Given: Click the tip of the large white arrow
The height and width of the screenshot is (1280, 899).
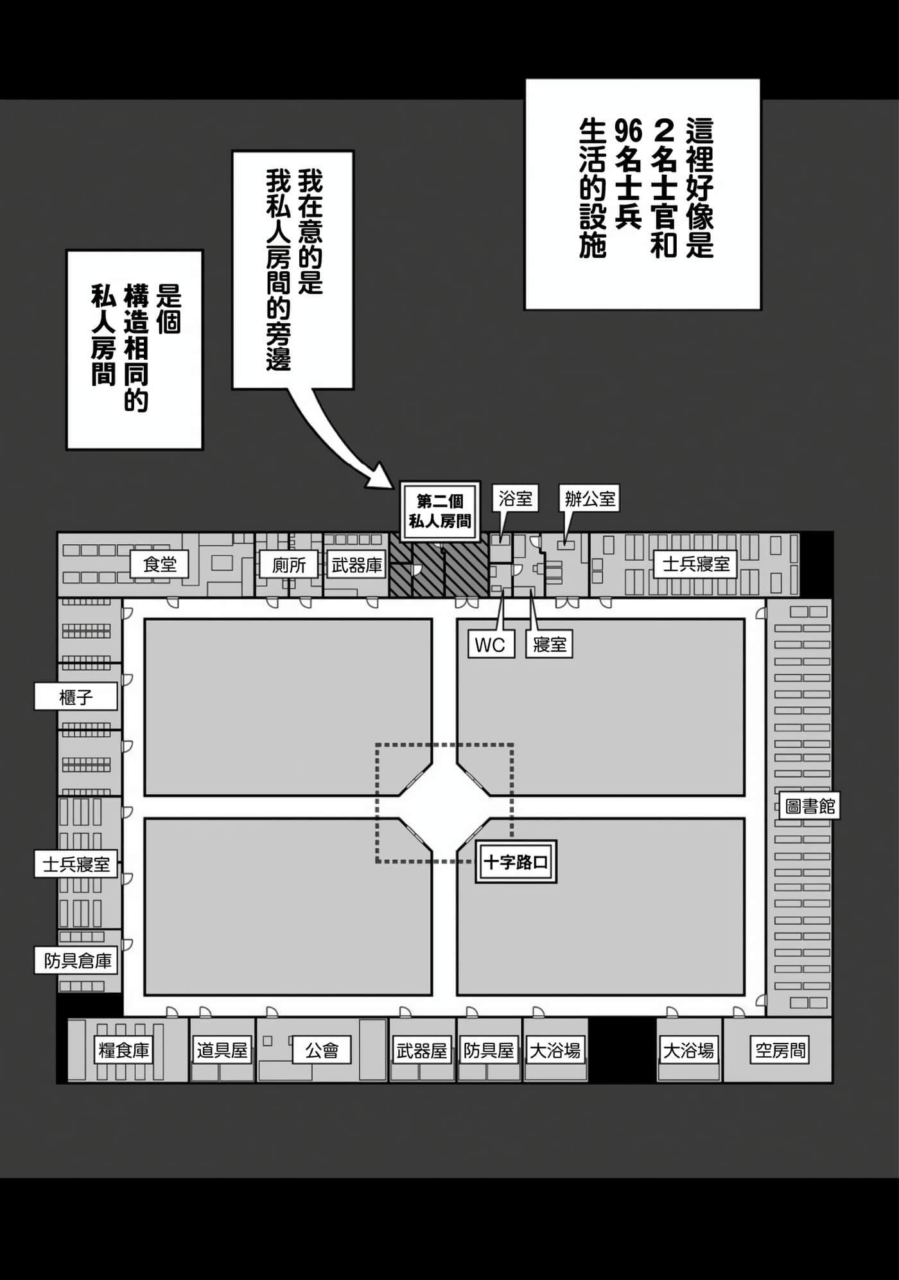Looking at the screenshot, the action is pyautogui.click(x=393, y=486).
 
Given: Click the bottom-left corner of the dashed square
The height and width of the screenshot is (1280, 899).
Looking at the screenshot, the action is pyautogui.click(x=377, y=861).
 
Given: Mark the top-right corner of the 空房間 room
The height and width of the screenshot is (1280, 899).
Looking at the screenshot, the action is pyautogui.click(x=832, y=1018).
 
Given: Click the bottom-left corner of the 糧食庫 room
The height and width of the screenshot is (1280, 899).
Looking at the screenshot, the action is pyautogui.click(x=68, y=1082).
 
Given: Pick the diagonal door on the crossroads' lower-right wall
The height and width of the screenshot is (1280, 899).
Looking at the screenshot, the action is pyautogui.click(x=474, y=833).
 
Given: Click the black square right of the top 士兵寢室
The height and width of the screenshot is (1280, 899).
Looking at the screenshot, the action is pyautogui.click(x=816, y=564).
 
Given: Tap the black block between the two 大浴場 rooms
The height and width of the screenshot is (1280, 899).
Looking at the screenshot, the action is pyautogui.click(x=622, y=1050).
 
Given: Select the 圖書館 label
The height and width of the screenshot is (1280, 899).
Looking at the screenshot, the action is pyautogui.click(x=810, y=806).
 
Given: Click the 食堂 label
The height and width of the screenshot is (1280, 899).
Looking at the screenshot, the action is pyautogui.click(x=160, y=564).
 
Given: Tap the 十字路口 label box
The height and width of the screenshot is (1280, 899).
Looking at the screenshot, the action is pyautogui.click(x=516, y=862).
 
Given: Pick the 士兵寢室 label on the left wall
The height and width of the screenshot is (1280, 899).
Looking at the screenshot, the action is pyautogui.click(x=76, y=864).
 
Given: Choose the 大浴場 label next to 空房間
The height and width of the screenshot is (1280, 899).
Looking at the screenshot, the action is pyautogui.click(x=688, y=1051).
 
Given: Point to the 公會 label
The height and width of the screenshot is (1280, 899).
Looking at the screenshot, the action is pyautogui.click(x=322, y=1051).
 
